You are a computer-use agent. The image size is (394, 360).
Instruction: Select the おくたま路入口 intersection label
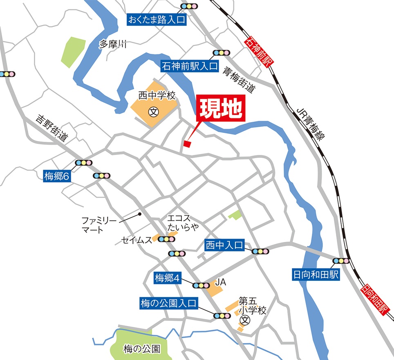click(x=157, y=19)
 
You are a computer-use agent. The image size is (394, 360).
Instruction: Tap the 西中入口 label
click(x=224, y=246)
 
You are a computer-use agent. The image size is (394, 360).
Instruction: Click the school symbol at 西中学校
click(x=154, y=110)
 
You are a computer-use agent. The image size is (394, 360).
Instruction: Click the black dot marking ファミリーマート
click(x=140, y=214)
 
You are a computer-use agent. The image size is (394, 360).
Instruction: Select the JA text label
click(x=221, y=282)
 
